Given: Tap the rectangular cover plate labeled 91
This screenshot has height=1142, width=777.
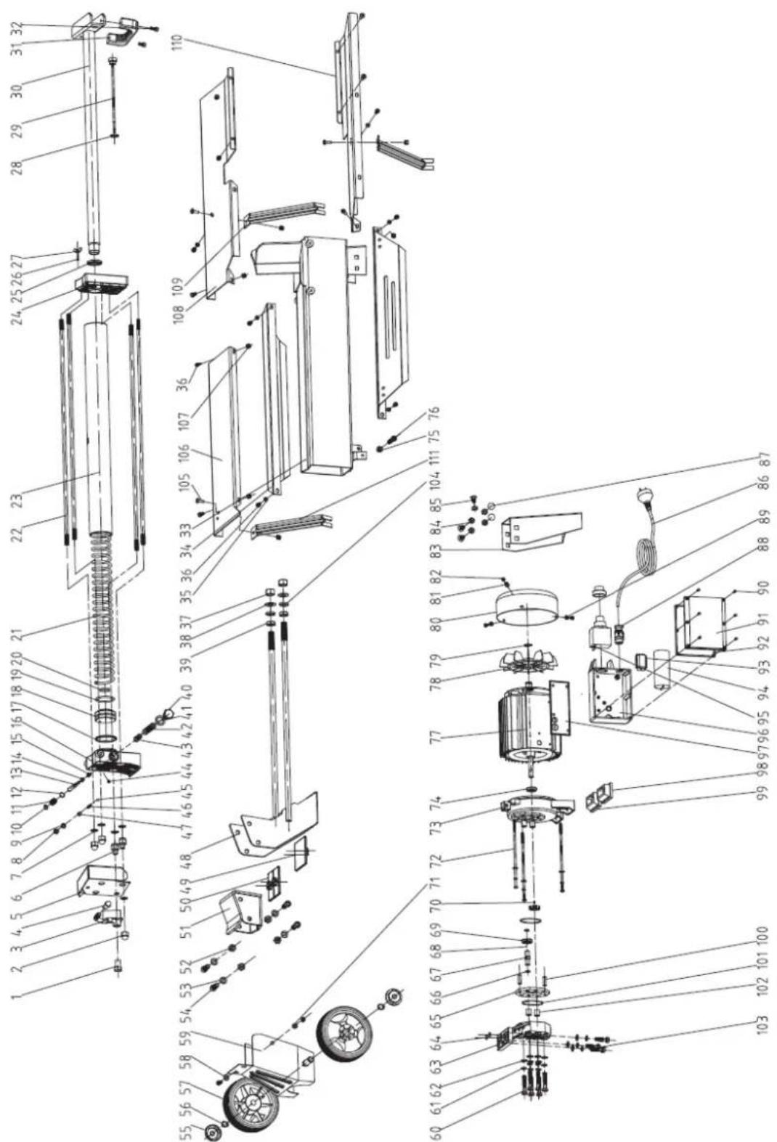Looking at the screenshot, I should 703,624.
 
